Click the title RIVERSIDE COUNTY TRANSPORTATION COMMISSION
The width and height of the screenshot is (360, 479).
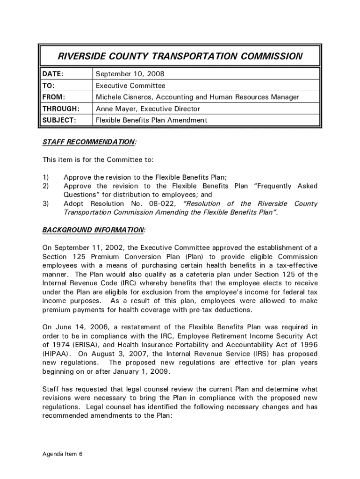(x=180, y=57)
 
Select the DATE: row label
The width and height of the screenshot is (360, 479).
(x=53, y=74)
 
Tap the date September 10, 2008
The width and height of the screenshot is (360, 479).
(x=130, y=74)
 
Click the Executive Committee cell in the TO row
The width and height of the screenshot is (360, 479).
(x=130, y=86)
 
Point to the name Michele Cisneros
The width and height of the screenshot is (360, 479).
(x=124, y=97)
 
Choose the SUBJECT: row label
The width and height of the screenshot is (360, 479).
(x=59, y=120)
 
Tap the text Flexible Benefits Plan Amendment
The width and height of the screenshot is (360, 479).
(x=151, y=120)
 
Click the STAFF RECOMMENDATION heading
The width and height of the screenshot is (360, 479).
(x=89, y=141)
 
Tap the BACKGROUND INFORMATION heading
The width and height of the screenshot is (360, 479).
(x=94, y=230)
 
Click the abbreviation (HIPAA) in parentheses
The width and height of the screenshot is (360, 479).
(x=57, y=354)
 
